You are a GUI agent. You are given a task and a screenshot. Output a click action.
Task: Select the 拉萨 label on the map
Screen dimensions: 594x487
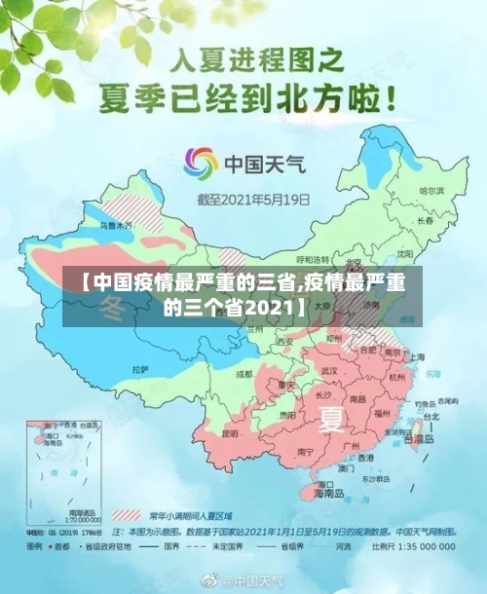(x=139, y=370)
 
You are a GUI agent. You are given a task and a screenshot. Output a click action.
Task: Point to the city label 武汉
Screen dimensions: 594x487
(x=328, y=371)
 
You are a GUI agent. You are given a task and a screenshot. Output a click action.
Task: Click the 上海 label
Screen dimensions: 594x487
(x=418, y=357)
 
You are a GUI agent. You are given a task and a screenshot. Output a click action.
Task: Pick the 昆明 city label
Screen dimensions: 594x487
(x=230, y=432)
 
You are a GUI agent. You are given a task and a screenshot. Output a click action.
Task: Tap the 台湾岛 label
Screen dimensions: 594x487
(x=425, y=439)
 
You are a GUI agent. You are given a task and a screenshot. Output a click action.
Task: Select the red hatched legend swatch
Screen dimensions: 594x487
(x=127, y=513)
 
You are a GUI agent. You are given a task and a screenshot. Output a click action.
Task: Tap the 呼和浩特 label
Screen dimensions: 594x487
(x=314, y=260)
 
